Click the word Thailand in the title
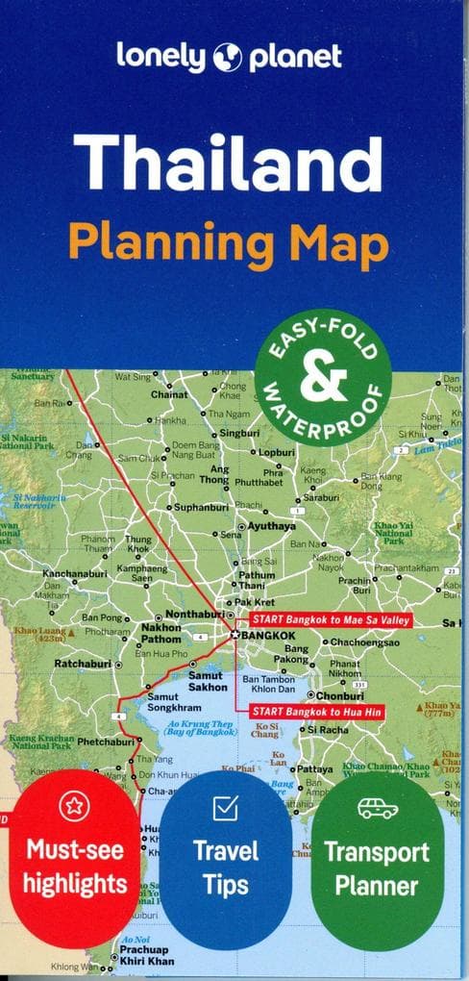[x=228, y=163]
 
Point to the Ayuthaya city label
[x=272, y=526]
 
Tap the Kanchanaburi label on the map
[x=79, y=574]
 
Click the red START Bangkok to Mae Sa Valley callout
[x=330, y=620]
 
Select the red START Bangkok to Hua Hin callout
[x=318, y=712]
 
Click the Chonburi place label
[x=339, y=694]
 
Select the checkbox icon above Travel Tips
[x=225, y=809]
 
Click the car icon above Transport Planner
[x=377, y=808]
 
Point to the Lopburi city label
[x=277, y=451]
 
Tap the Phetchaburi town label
[x=106, y=742]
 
